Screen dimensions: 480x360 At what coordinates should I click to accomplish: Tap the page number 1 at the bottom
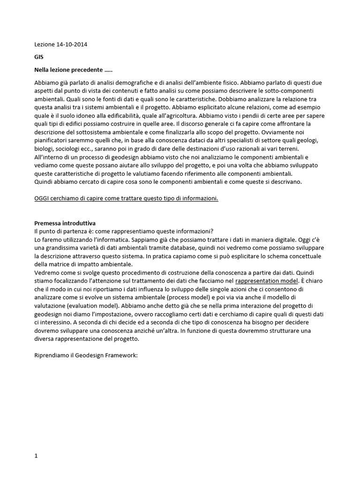(x=36, y=457)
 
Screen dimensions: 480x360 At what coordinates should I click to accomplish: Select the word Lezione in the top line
(x=45, y=45)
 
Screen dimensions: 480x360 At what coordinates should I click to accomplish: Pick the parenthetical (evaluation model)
(x=88, y=306)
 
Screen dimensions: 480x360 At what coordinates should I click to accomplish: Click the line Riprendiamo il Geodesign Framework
(x=86, y=355)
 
